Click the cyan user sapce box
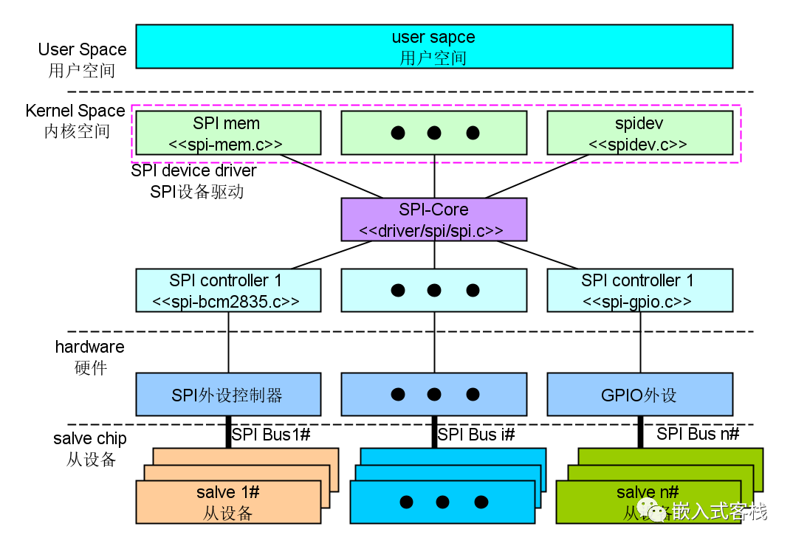(434, 46)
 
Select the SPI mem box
(228, 133)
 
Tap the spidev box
(639, 133)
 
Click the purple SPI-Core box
(434, 219)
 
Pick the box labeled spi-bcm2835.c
(228, 290)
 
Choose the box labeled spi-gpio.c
(639, 290)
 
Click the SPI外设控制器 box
(228, 394)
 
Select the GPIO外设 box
(639, 394)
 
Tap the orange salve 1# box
(228, 502)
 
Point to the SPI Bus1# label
(271, 435)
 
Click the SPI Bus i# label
(476, 435)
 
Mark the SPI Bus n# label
(698, 434)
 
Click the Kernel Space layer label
(75, 121)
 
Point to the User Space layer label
(82, 60)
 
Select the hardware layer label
(89, 356)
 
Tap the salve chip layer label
(90, 449)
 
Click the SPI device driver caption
(194, 181)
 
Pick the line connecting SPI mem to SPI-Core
(332, 176)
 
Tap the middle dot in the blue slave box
(442, 502)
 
